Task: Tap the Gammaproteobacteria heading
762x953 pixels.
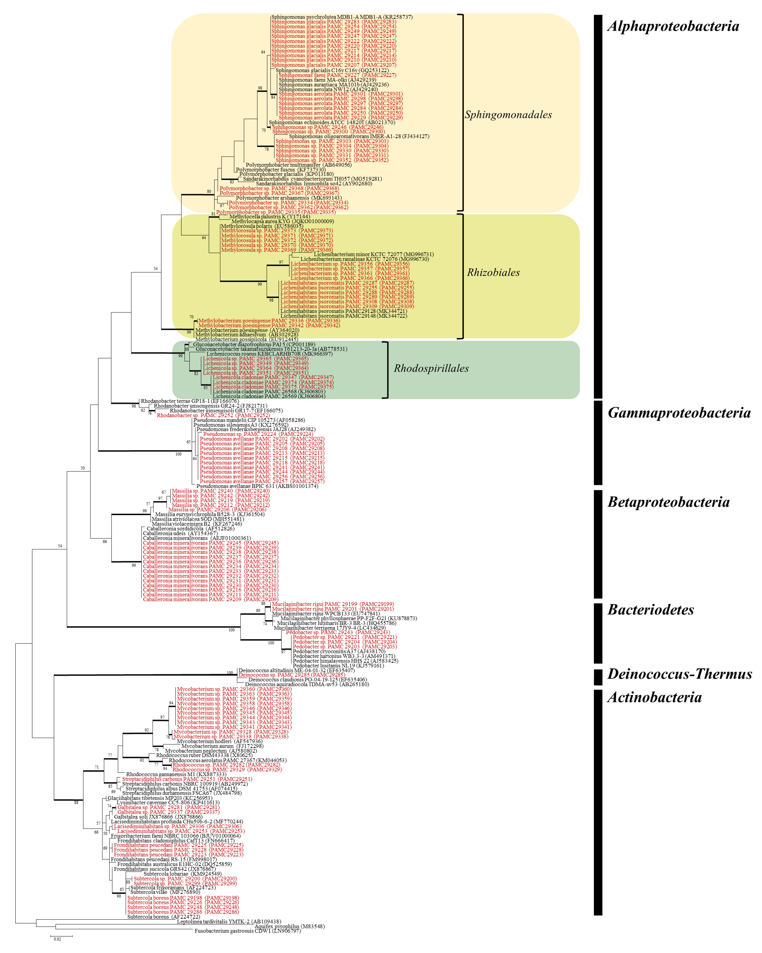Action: [678, 413]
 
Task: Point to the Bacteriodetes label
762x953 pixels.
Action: [650, 610]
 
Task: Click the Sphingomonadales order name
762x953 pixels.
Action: [508, 115]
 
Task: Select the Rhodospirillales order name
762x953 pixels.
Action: [431, 369]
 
